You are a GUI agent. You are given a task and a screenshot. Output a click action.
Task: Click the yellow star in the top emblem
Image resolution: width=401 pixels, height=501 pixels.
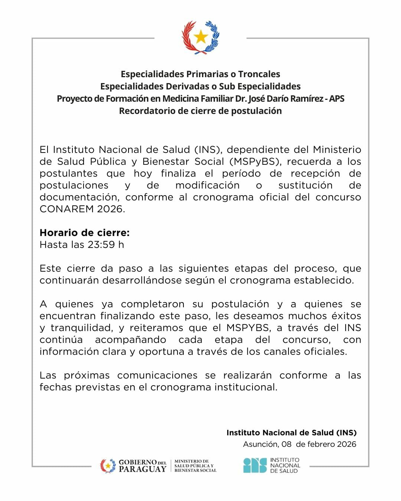point(201,36)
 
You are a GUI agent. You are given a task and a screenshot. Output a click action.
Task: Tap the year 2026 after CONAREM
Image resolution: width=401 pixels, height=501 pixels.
point(110,209)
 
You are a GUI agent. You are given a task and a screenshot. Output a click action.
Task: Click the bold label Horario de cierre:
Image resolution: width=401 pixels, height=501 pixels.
point(85,233)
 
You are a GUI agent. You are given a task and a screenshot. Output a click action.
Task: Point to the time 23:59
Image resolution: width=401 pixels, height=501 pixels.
point(101,245)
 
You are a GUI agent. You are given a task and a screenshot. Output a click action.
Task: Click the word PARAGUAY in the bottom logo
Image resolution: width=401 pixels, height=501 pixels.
point(143,469)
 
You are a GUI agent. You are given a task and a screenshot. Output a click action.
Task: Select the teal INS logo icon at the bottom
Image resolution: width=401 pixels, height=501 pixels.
point(255,465)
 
